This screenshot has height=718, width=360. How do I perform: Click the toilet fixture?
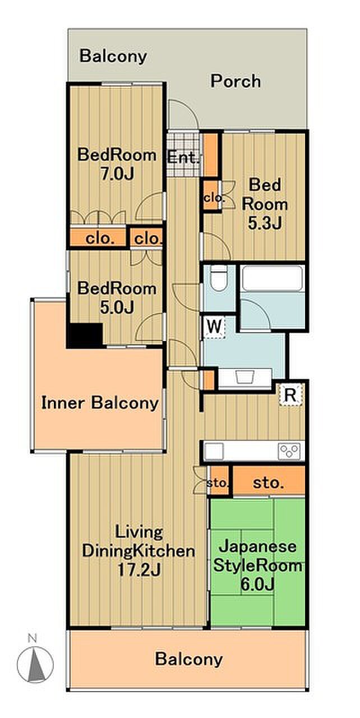point(219,279)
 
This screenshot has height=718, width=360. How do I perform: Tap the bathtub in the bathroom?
point(273,279)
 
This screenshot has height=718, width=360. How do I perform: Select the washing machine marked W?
point(215,327)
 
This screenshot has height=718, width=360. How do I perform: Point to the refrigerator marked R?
point(290,395)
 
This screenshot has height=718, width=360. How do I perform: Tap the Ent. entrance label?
point(184,158)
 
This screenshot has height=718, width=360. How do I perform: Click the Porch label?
point(236,81)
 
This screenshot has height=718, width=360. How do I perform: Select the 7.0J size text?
point(117,174)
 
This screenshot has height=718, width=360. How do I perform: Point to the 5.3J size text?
point(265,223)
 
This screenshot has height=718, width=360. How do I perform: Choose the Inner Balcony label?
point(100,403)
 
